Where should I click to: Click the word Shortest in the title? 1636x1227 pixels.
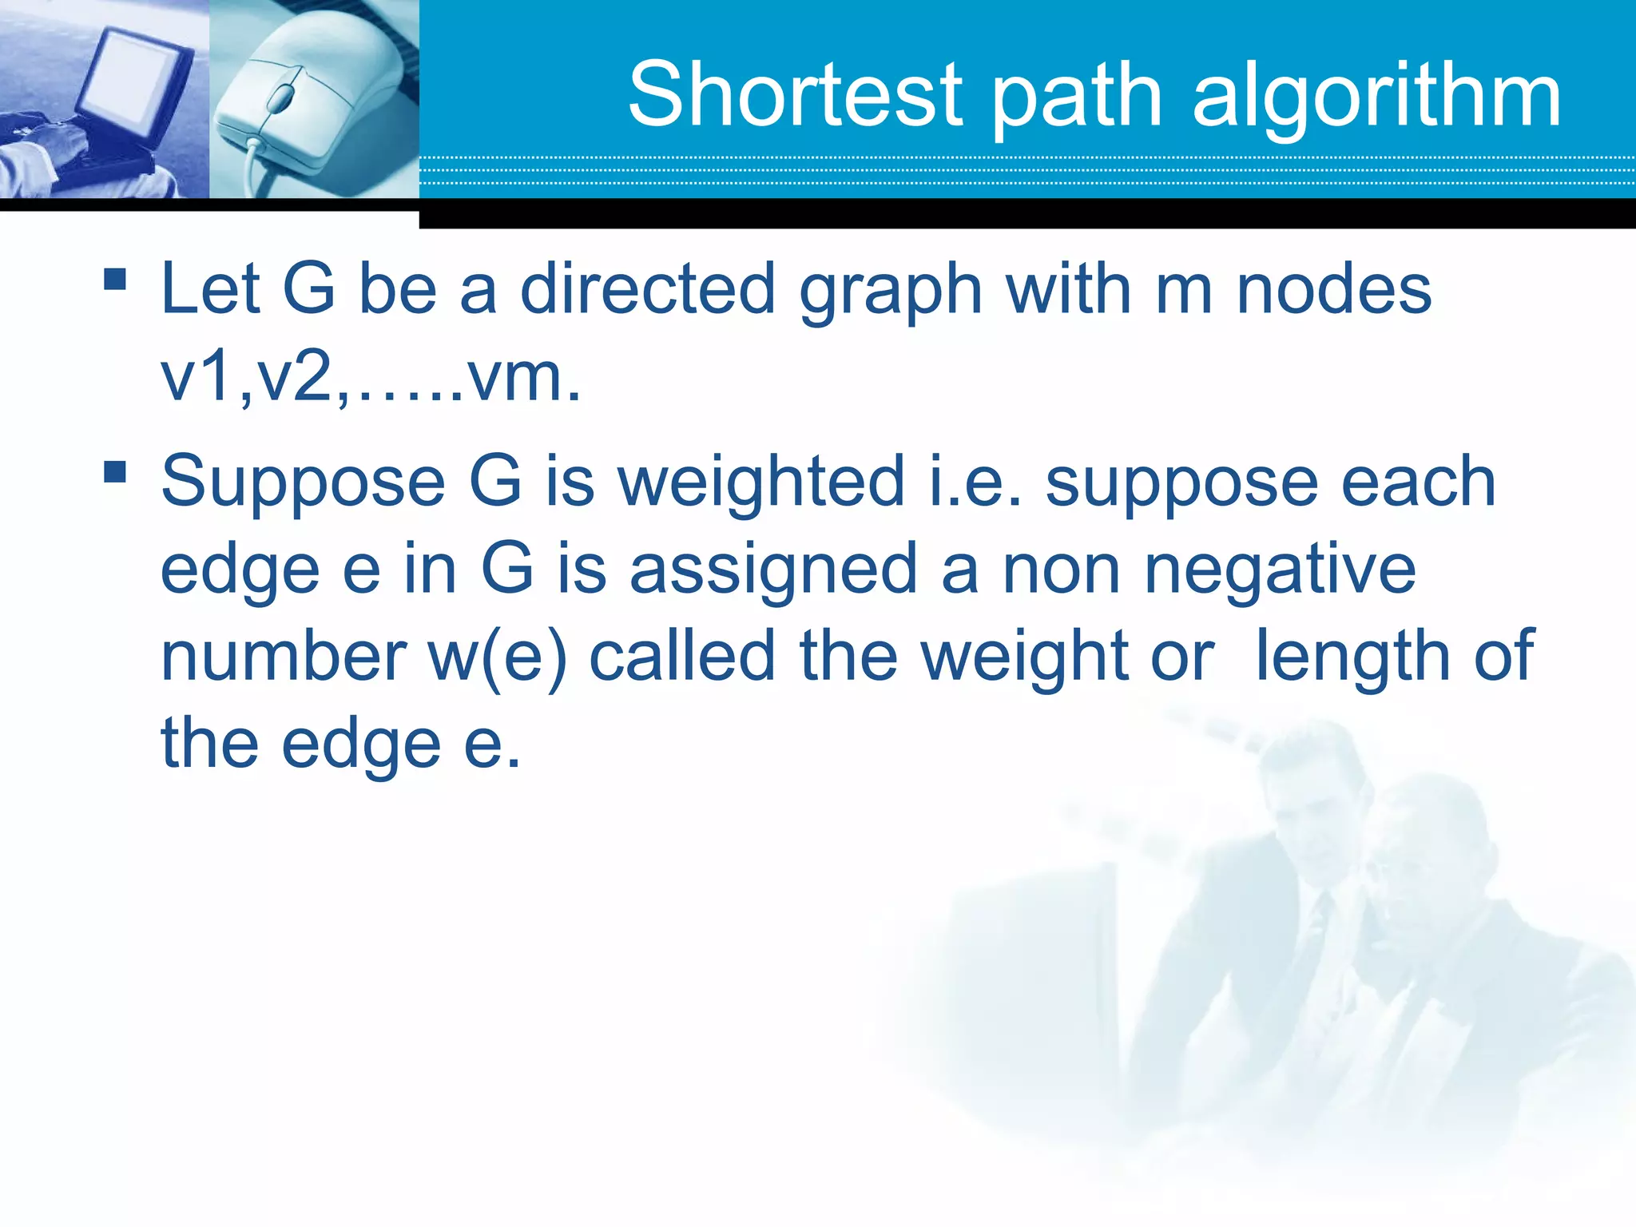(x=796, y=96)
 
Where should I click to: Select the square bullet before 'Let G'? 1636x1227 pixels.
(x=115, y=279)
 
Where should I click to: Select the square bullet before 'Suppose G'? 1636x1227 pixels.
(x=115, y=471)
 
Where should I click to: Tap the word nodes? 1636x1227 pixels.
(x=1333, y=289)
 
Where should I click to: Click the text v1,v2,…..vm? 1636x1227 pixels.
(x=370, y=377)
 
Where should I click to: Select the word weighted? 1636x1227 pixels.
(x=760, y=482)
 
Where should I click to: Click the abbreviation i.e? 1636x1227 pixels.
(x=975, y=482)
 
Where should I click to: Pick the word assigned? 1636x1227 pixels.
(x=773, y=570)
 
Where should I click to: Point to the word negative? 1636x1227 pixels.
(x=1281, y=570)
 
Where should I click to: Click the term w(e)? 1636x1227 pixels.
(x=497, y=657)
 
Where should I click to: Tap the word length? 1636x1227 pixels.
(x=1352, y=657)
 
